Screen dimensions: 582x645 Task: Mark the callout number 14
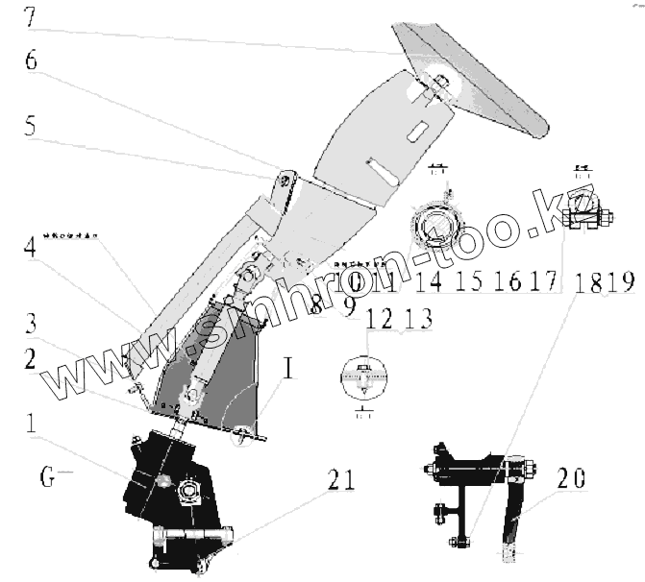tap(430, 280)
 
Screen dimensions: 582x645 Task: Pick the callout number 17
tap(545, 280)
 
